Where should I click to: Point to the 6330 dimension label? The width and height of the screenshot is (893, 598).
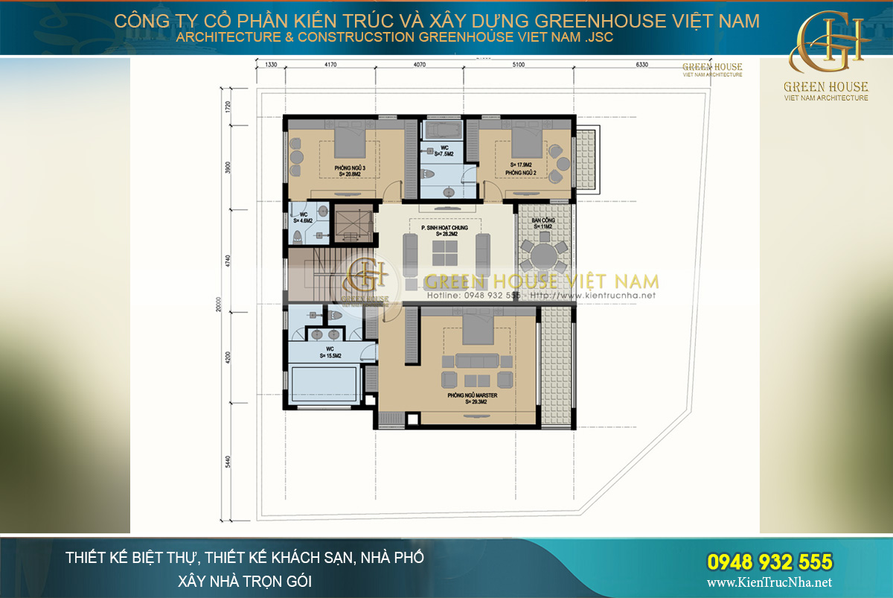[641, 65]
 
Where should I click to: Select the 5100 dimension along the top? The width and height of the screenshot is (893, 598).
[518, 65]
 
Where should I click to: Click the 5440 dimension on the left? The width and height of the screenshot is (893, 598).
[228, 471]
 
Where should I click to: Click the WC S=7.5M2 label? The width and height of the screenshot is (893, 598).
[444, 151]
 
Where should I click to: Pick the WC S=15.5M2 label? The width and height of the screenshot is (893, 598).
[330, 352]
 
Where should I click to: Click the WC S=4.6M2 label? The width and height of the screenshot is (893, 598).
[303, 218]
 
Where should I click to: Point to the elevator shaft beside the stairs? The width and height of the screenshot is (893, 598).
[351, 222]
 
